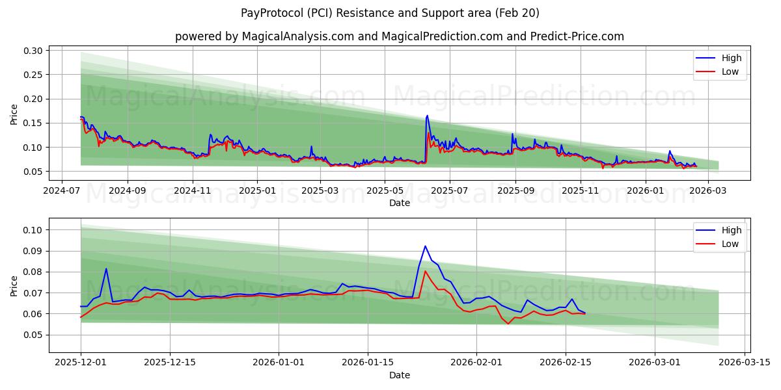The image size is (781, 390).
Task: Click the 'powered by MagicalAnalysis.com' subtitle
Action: click(x=399, y=36)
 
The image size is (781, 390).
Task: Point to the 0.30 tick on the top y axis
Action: click(x=33, y=51)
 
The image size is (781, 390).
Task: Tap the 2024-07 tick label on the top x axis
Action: click(x=61, y=191)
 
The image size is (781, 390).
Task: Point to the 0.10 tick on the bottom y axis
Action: click(x=33, y=230)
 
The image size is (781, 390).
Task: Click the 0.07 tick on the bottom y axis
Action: click(x=33, y=293)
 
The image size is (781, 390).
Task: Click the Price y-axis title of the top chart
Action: click(x=14, y=114)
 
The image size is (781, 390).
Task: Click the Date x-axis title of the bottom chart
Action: click(x=399, y=375)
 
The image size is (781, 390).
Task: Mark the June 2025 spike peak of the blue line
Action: click(x=427, y=116)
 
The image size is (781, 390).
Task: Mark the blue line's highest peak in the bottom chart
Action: click(x=425, y=246)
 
